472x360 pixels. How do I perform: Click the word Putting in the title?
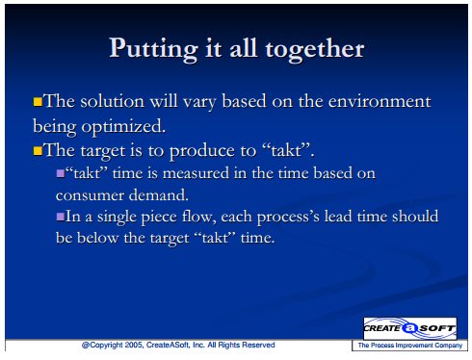pyautogui.click(x=153, y=49)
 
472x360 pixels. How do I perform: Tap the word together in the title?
pyautogui.click(x=315, y=49)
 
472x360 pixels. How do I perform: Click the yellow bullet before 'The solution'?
pyautogui.click(x=38, y=102)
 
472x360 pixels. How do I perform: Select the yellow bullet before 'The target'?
pyautogui.click(x=38, y=151)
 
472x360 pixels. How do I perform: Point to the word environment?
pyautogui.click(x=380, y=101)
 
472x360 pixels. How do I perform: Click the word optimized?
pyautogui.click(x=123, y=126)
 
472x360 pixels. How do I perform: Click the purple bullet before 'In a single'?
pyautogui.click(x=61, y=217)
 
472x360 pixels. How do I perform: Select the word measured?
pyautogui.click(x=196, y=173)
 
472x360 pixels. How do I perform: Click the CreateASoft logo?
pyautogui.click(x=409, y=328)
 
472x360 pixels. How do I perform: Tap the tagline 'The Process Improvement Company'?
pyautogui.click(x=409, y=346)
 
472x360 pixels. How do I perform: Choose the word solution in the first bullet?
pyautogui.click(x=112, y=101)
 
